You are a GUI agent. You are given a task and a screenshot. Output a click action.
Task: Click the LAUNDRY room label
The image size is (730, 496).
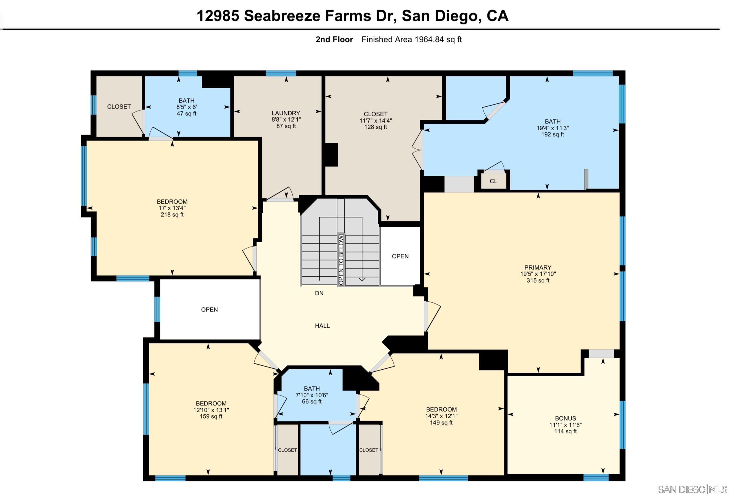click(286, 113)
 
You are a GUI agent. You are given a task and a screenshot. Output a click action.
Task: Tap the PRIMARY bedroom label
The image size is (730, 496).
click(538, 267)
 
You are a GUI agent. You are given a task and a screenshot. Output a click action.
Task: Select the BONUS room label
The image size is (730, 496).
click(565, 418)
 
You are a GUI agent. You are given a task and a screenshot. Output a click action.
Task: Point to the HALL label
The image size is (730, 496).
click(322, 326)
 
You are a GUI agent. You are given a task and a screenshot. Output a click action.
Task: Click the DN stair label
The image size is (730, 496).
click(319, 293)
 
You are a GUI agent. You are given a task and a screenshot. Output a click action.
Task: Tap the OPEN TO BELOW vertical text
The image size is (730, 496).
click(341, 260)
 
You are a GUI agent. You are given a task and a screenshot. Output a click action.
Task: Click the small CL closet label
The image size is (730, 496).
click(494, 181)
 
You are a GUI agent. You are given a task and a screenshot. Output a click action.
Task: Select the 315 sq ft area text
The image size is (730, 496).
click(538, 280)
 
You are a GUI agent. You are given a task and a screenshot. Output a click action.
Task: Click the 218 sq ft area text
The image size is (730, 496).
click(172, 215)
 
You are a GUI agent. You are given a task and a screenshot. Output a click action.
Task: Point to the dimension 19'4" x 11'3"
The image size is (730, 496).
click(553, 128)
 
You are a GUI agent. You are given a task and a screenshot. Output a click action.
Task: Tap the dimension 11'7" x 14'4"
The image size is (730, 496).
click(376, 120)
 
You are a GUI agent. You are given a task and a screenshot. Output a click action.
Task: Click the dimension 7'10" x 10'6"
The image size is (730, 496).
click(312, 395)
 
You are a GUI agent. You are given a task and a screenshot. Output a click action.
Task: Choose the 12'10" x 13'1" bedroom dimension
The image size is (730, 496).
click(211, 410)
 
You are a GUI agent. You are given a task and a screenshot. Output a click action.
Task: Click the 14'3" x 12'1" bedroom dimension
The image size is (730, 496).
click(441, 416)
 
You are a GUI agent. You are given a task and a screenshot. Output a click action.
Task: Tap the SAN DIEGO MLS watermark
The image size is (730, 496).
click(692, 489)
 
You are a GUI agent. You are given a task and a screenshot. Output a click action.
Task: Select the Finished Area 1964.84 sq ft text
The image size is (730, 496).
click(411, 40)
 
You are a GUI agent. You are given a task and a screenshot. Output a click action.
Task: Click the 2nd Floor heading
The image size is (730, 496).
click(334, 40)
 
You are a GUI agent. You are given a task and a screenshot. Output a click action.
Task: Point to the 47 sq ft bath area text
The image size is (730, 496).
click(187, 114)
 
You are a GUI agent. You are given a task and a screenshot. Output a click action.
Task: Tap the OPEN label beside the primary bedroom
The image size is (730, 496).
click(400, 256)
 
